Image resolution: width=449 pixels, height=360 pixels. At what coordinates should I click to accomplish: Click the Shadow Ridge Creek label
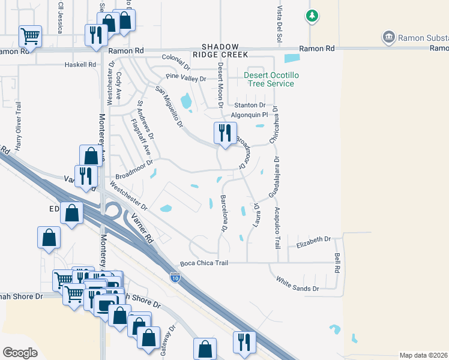coord(224,50)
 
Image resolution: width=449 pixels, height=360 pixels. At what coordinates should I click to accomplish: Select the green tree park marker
coord(312,15)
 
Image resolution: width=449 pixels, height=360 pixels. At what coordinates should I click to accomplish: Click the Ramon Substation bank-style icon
coord(389,38)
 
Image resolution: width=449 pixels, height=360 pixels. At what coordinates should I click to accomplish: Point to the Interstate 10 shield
coord(175,277)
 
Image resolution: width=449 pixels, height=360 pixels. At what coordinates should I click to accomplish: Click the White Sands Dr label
coord(297,284)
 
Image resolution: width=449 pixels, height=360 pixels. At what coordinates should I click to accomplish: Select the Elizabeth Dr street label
coord(314,239)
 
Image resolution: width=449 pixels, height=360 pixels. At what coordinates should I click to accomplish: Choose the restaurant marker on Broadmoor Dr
coord(225,133)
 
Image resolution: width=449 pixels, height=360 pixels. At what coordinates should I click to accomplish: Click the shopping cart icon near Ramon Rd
coord(30,35)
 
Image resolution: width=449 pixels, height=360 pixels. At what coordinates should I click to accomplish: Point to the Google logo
coord(20,353)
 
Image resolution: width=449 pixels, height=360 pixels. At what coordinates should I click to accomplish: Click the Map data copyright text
coord(424,355)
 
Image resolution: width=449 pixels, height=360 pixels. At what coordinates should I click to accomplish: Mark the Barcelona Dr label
coord(224,212)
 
